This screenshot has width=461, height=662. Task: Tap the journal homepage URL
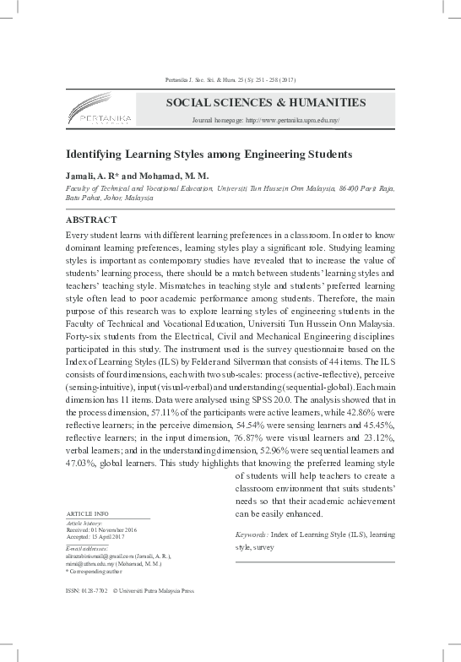[x=265, y=122]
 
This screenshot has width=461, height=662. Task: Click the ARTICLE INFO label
[x=87, y=514]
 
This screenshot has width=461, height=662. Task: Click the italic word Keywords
[x=252, y=535]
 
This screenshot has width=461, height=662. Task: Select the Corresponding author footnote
[x=96, y=572]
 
